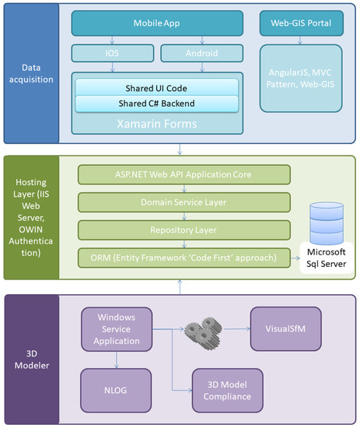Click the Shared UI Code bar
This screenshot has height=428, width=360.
156,87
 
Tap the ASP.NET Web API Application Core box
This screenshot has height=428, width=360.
183,174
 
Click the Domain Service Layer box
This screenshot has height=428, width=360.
183,202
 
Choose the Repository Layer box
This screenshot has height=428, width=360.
183,230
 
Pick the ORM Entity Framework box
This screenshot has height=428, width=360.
183,258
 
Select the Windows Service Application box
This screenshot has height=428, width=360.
116,328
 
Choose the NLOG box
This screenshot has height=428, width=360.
116,390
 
